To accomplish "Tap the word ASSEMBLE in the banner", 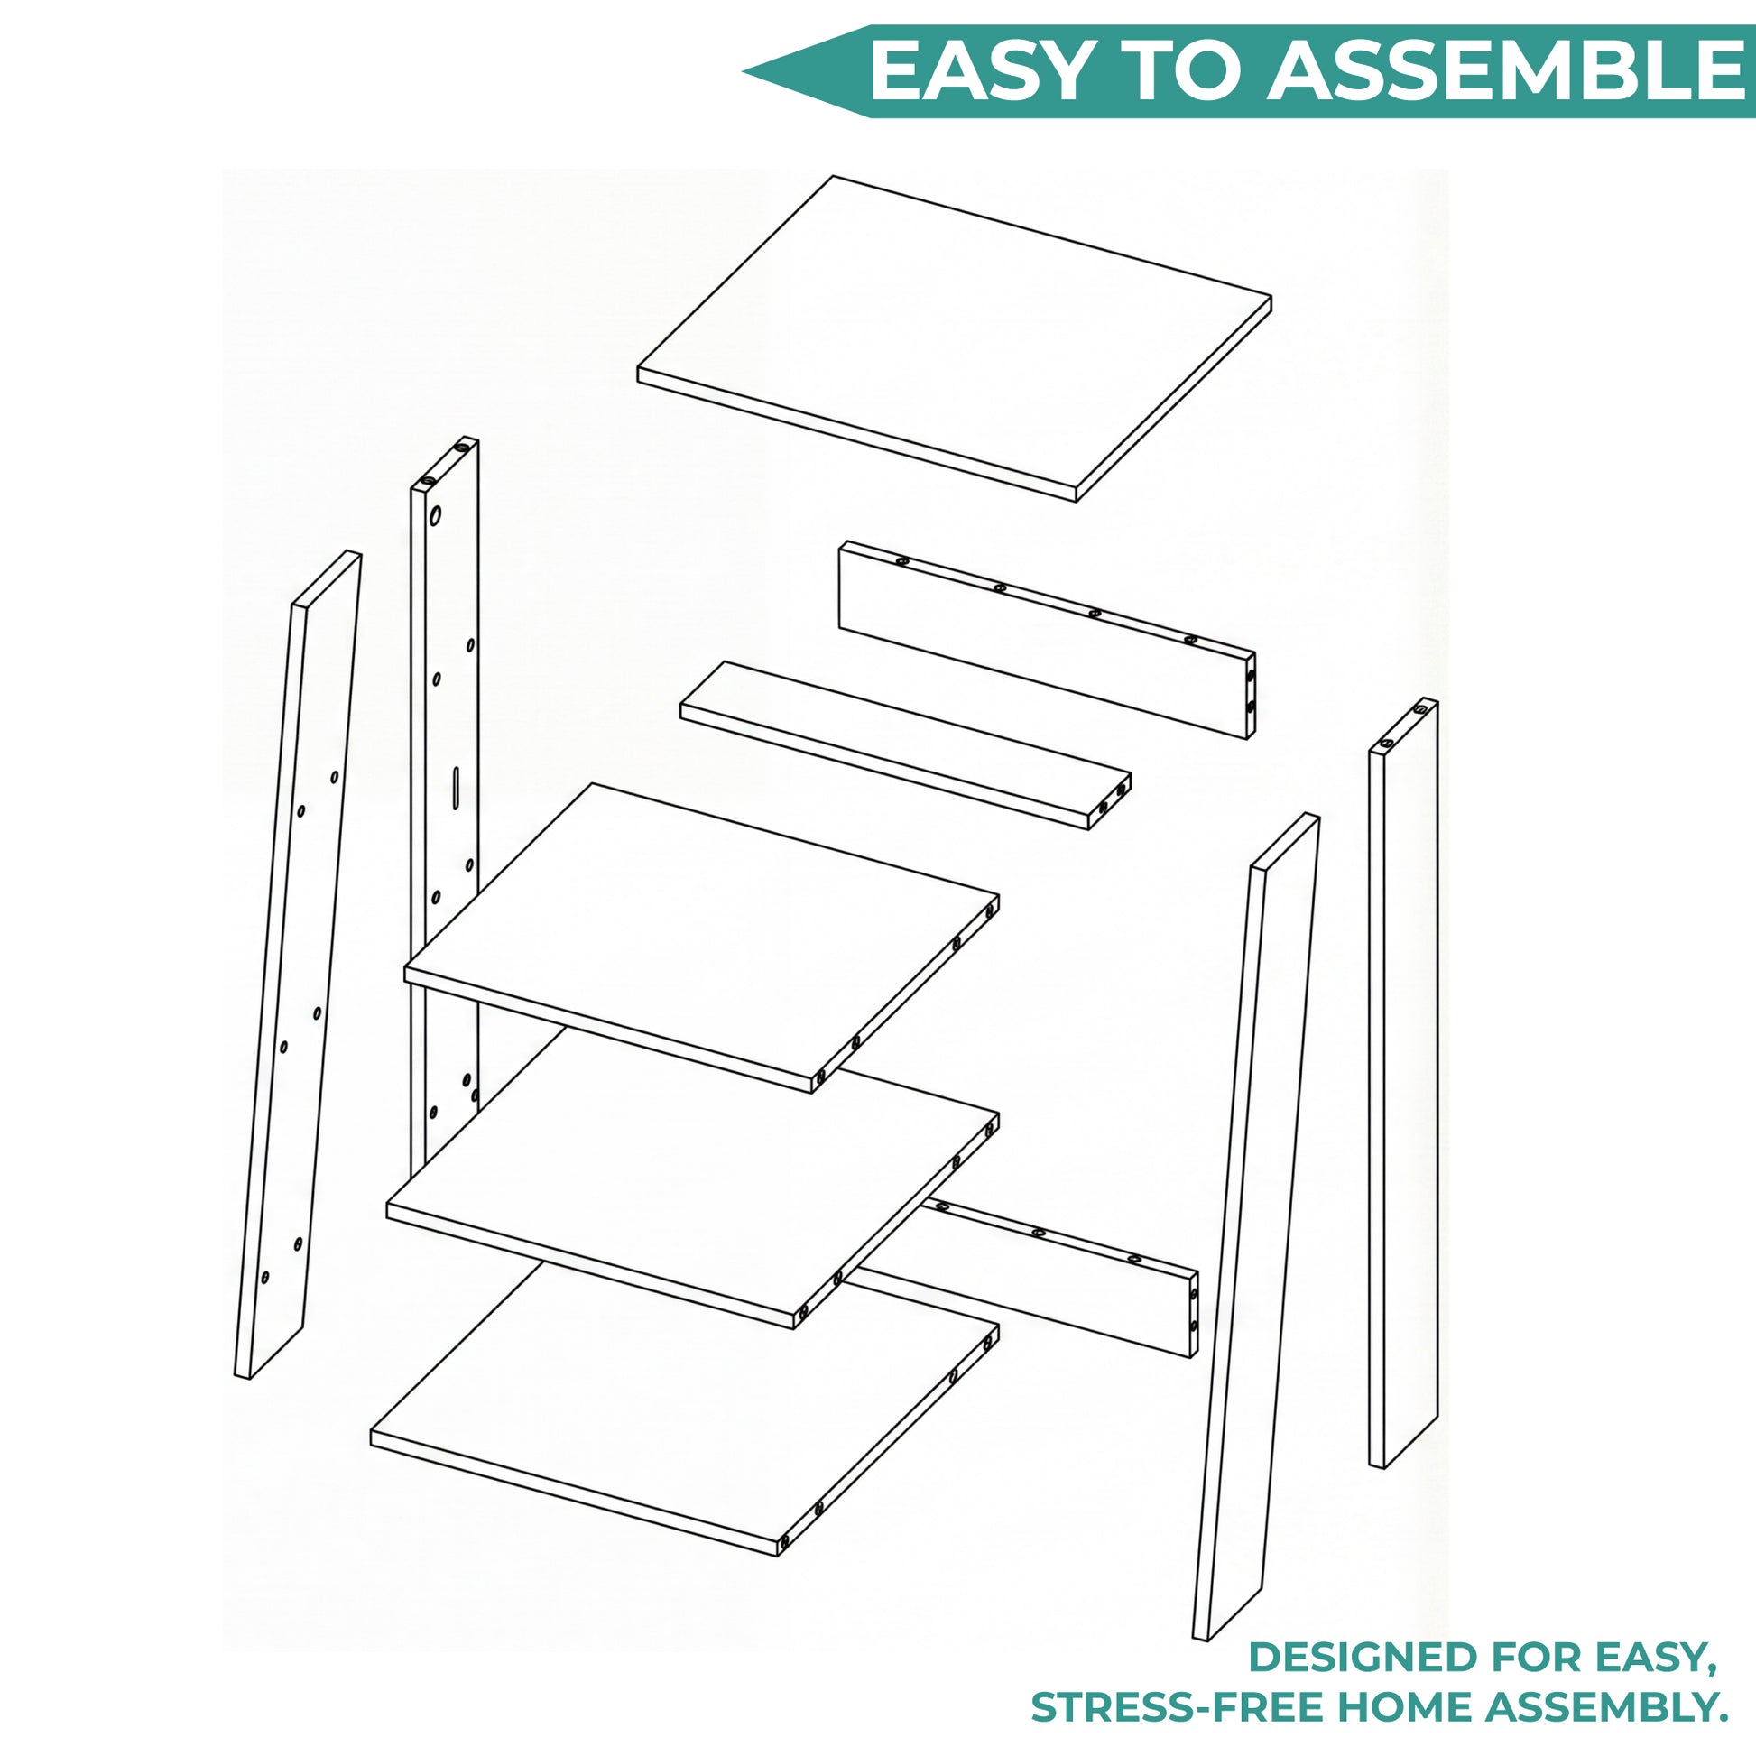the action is [x=1509, y=71].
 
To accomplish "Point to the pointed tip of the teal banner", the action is [x=744, y=71].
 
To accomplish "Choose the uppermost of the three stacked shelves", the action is [x=701, y=937].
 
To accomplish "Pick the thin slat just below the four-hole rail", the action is [x=905, y=745].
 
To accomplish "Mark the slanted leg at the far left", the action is [x=298, y=964].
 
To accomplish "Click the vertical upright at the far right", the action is [x=1403, y=1082].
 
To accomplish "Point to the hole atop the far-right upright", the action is [x=1419, y=709].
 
